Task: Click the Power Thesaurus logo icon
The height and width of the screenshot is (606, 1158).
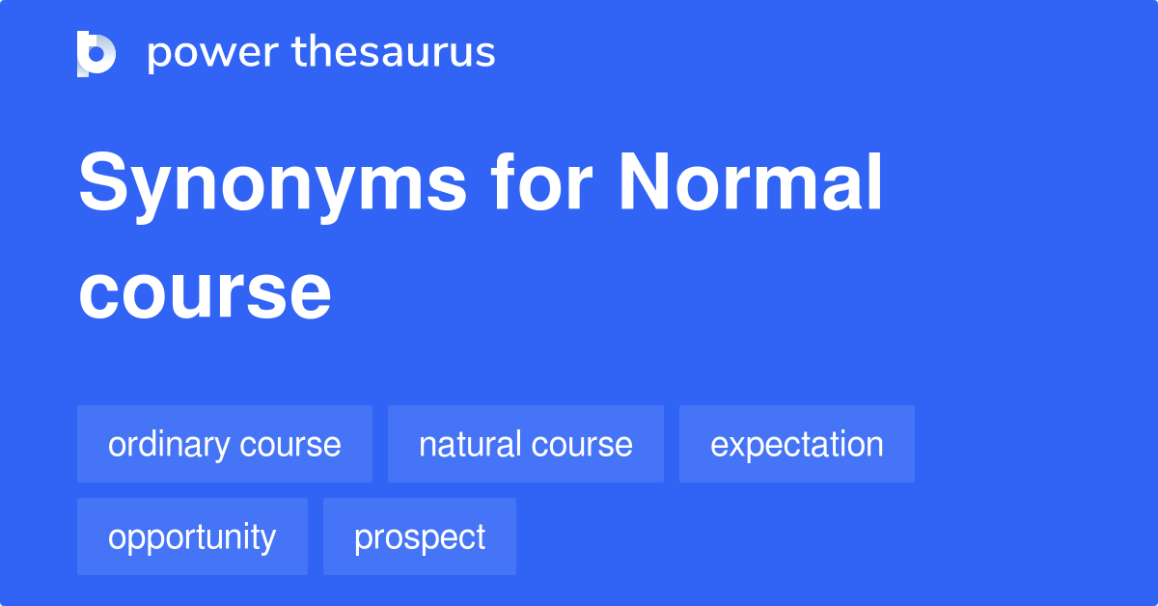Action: pos(96,53)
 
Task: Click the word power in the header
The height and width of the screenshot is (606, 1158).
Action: pos(207,53)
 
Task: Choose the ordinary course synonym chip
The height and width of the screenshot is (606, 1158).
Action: pos(224,444)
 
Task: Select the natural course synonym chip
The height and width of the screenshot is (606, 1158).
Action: pos(525,444)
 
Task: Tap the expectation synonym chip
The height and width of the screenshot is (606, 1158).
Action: pos(796,444)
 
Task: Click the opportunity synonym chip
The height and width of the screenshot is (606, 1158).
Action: pos(192,537)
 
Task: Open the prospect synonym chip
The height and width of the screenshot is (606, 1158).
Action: pos(419,537)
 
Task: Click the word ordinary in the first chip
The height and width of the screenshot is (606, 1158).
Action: pos(170,444)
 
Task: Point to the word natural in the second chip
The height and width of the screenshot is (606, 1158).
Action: pos(469,444)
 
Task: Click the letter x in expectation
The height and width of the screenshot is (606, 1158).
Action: pos(733,445)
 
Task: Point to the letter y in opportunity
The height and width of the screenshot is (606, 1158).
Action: pos(269,540)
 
